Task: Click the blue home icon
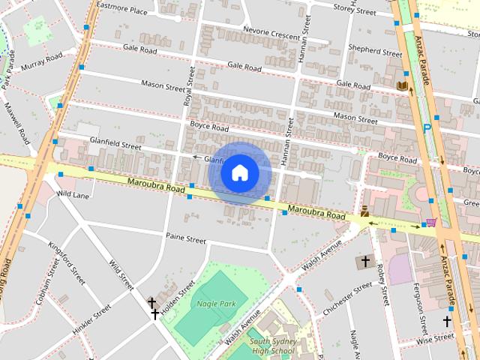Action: [240, 173]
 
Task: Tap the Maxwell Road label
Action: [17, 123]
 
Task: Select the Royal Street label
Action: [189, 86]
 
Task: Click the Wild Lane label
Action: [73, 195]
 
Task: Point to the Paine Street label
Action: [185, 239]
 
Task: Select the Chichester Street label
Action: [346, 298]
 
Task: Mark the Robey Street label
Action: [383, 278]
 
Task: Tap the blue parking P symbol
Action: [427, 127]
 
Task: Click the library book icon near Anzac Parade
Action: [402, 87]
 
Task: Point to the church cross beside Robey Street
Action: [365, 262]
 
